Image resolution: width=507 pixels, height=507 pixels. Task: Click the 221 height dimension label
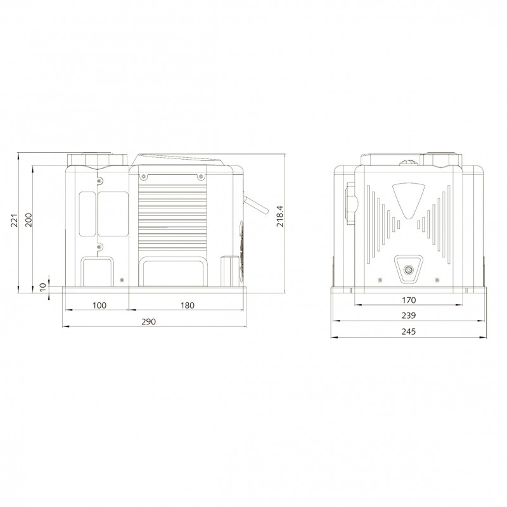tap(14, 220)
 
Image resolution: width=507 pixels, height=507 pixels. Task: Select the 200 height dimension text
tap(29, 220)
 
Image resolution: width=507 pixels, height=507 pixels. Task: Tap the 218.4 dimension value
tap(280, 216)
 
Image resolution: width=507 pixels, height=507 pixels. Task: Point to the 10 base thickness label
tap(43, 287)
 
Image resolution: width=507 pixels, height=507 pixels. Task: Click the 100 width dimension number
tap(99, 305)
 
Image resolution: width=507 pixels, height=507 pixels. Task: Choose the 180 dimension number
tap(188, 305)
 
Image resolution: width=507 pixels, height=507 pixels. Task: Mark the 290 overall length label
tap(149, 322)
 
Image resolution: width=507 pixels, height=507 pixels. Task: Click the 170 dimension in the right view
tap(409, 300)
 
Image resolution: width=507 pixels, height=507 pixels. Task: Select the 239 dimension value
tap(409, 315)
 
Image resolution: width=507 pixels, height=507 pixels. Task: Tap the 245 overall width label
tap(409, 331)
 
